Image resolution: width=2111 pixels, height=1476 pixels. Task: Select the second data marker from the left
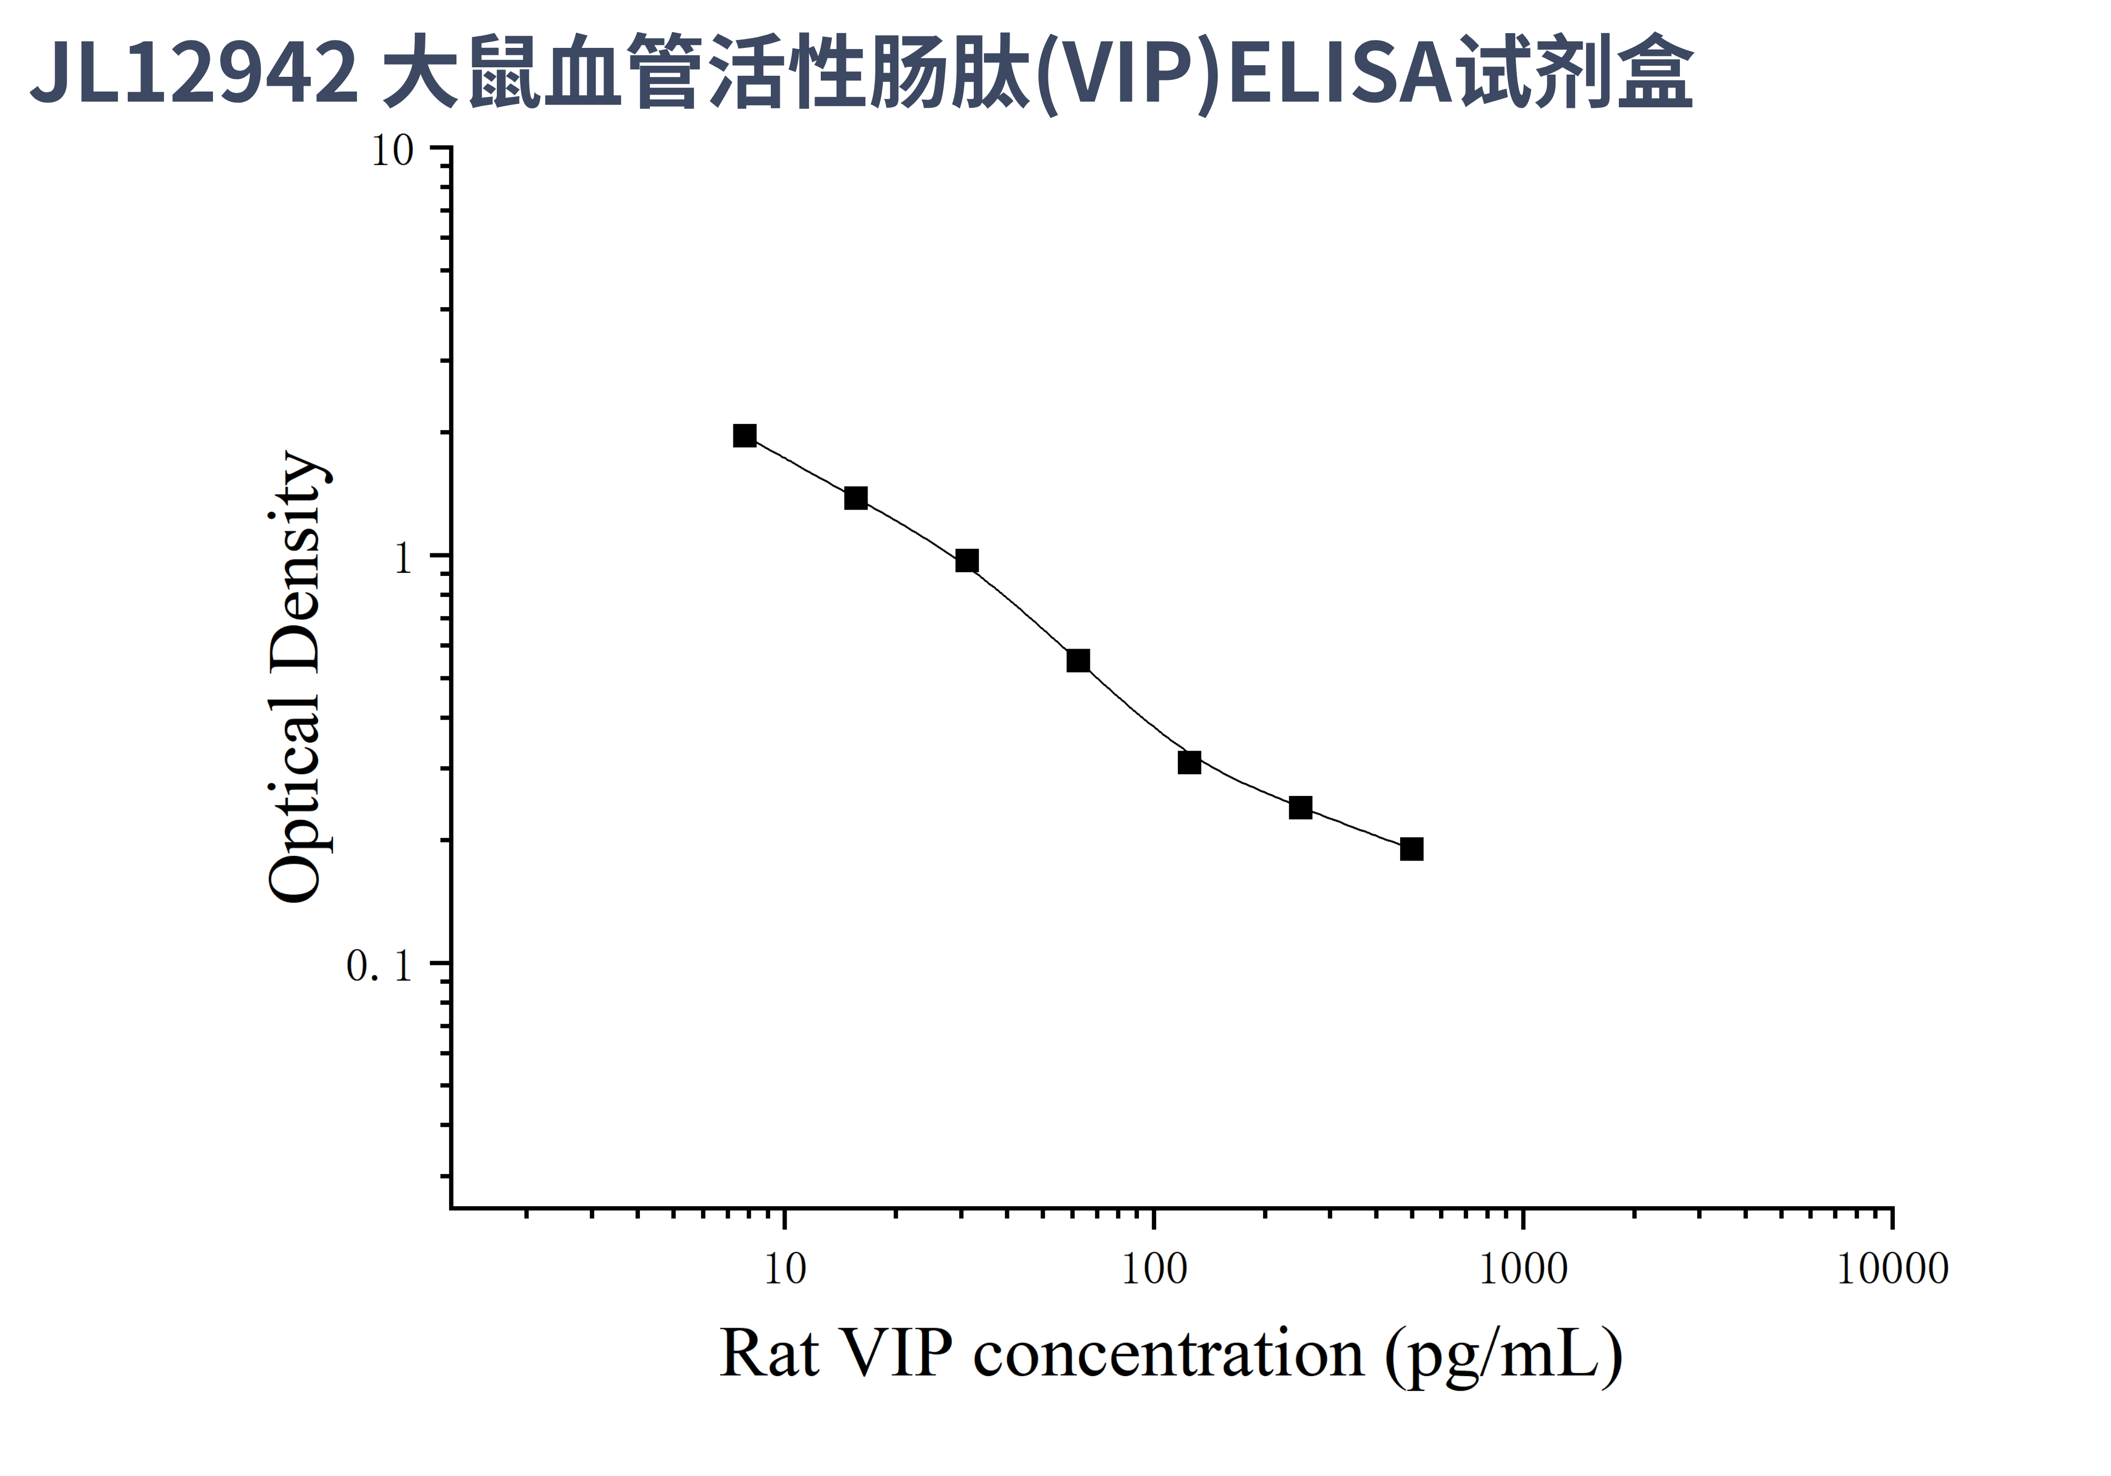856,499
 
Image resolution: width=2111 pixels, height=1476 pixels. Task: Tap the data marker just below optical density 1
966,561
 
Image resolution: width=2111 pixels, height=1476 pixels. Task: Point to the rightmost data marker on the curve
1411,849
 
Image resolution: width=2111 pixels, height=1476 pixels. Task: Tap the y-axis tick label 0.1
379,966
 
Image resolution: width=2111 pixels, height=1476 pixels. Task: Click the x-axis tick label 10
784,1270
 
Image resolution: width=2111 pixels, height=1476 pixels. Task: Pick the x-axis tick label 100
1154,1270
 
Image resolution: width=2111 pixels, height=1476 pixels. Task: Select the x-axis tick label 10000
1892,1270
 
